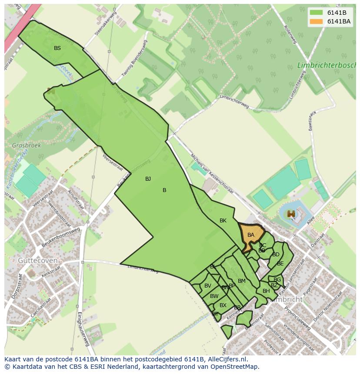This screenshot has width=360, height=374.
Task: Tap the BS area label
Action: (57, 48)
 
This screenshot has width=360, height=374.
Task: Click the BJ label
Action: (148, 179)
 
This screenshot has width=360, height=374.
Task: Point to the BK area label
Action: (223, 221)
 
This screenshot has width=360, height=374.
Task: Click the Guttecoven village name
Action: (38, 260)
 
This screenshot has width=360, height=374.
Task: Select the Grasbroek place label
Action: (27, 146)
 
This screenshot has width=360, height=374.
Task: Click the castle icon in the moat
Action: (291, 214)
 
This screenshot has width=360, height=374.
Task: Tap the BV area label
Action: (208, 286)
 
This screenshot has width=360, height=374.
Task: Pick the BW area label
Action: (214, 296)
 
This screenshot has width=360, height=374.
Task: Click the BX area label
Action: (223, 305)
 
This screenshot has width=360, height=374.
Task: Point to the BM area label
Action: (242, 281)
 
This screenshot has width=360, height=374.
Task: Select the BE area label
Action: (280, 264)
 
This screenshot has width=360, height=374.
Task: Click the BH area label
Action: (266, 291)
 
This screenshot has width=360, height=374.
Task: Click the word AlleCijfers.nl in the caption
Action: (226, 359)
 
